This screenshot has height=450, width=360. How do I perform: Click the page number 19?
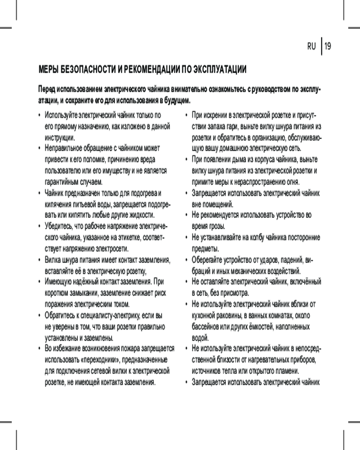[328, 46]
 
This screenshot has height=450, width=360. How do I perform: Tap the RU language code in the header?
[311, 46]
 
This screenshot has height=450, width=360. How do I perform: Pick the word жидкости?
[146, 215]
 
